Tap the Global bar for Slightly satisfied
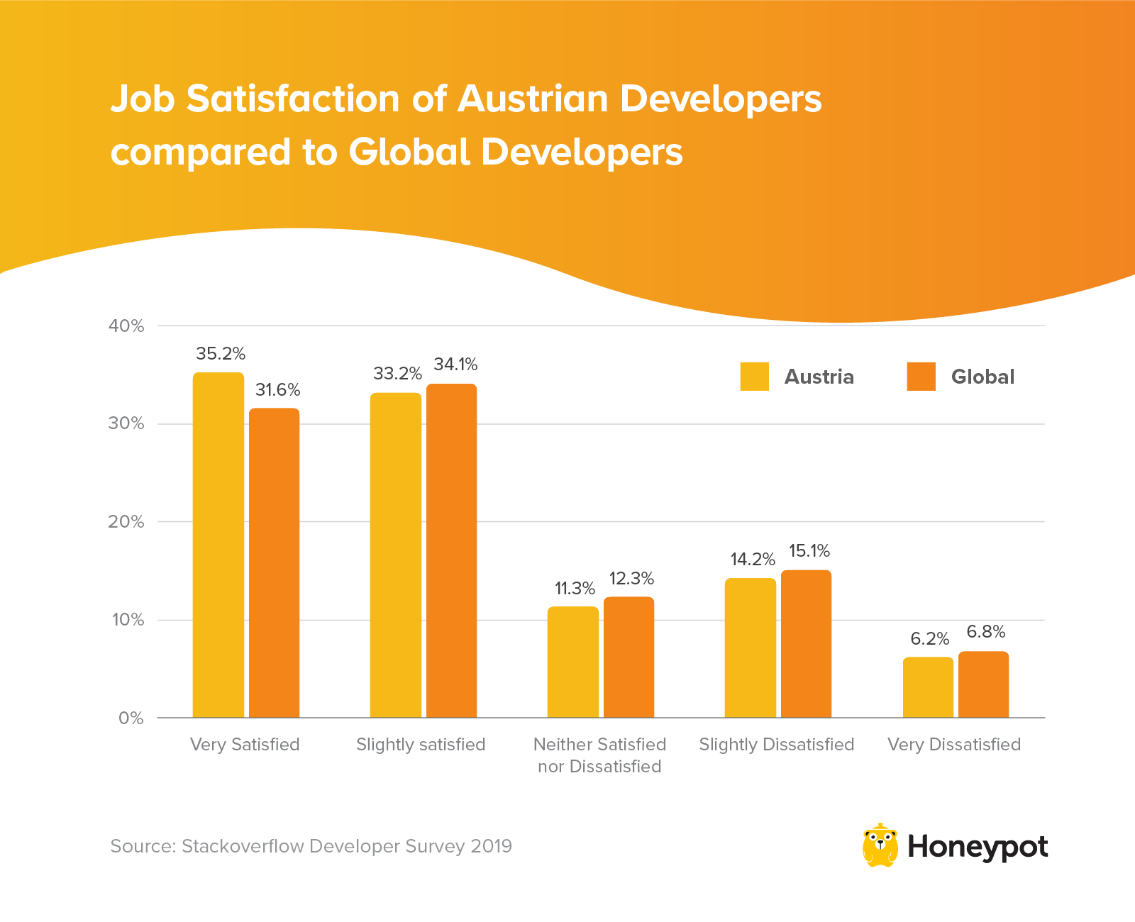pyautogui.click(x=451, y=550)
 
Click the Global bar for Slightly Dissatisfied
pyautogui.click(x=806, y=643)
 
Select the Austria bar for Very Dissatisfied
pyautogui.click(x=928, y=687)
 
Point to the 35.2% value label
pyautogui.click(x=221, y=353)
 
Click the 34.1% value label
pyautogui.click(x=455, y=365)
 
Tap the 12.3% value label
pyautogui.click(x=631, y=579)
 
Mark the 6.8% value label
pyautogui.click(x=986, y=632)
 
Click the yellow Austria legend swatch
pyautogui.click(x=754, y=377)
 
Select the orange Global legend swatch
pyautogui.click(x=921, y=377)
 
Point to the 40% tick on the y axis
pyautogui.click(x=126, y=326)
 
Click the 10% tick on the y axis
pyautogui.click(x=128, y=620)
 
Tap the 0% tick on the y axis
pyautogui.click(x=131, y=718)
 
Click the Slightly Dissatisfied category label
pyautogui.click(x=777, y=745)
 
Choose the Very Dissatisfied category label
pyautogui.click(x=954, y=745)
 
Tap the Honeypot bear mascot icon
pyautogui.click(x=880, y=845)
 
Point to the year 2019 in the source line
pyautogui.click(x=491, y=846)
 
